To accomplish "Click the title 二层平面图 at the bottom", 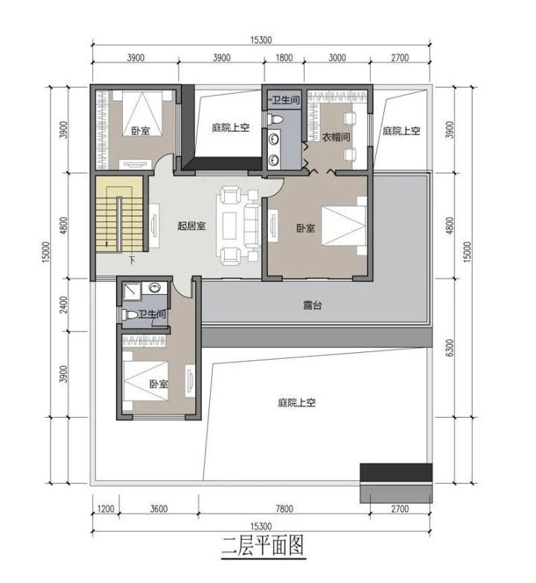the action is (264, 546).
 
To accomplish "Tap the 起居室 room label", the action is (191, 226).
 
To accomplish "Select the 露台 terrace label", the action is (312, 305).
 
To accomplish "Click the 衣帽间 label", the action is (336, 137).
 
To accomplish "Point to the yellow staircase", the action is (119, 214).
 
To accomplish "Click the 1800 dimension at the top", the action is (284, 57).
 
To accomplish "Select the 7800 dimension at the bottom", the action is (284, 509).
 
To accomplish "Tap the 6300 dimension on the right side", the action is (450, 348).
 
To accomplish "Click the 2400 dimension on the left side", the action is (64, 305).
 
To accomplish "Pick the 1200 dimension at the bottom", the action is (106, 509).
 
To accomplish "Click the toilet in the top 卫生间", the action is (275, 119).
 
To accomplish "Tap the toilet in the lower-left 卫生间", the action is (130, 315).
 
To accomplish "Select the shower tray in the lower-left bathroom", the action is (132, 291).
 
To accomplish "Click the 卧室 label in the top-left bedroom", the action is (141, 131).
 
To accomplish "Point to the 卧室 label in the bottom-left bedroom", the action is (159, 383).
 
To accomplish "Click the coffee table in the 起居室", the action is (229, 226).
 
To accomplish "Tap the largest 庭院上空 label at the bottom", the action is (296, 403).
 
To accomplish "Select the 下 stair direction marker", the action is (132, 260).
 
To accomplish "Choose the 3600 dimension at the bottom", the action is (159, 509).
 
